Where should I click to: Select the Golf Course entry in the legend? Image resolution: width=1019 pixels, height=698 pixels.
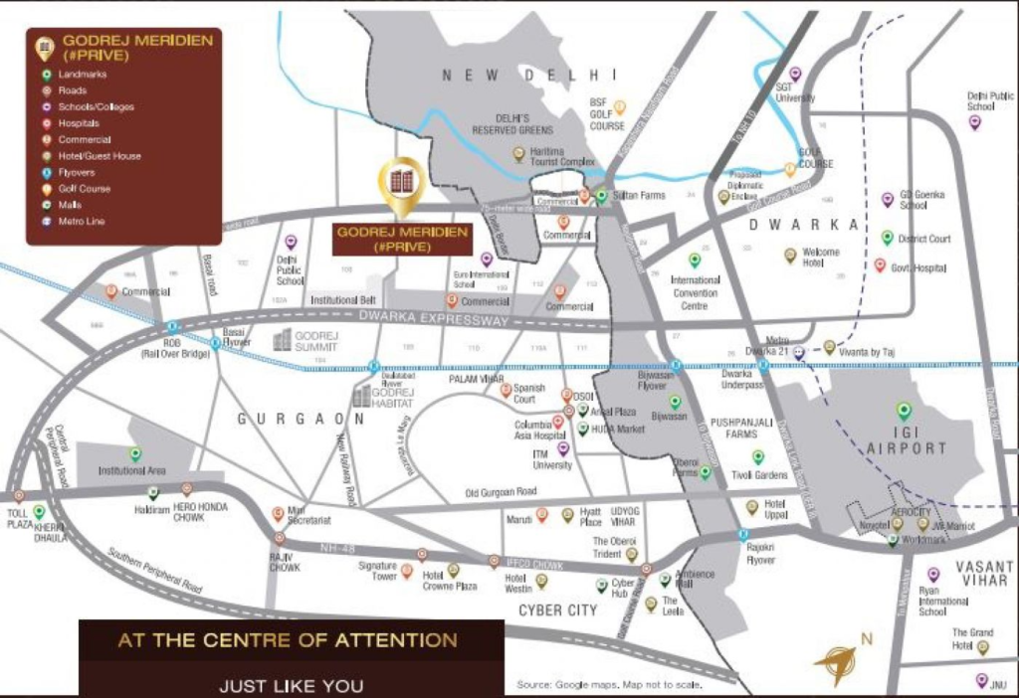[85, 188]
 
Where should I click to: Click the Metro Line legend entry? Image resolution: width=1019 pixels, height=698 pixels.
[82, 221]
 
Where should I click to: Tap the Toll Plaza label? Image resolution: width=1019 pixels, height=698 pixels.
[20, 517]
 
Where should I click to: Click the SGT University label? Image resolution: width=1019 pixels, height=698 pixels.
[795, 92]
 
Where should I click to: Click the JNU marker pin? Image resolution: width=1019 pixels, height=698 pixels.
[982, 680]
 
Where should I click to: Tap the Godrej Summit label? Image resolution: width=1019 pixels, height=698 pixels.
[317, 340]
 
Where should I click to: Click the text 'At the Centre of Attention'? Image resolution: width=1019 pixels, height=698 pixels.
[288, 640]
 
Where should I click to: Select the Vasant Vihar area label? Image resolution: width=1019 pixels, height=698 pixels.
[984, 573]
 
